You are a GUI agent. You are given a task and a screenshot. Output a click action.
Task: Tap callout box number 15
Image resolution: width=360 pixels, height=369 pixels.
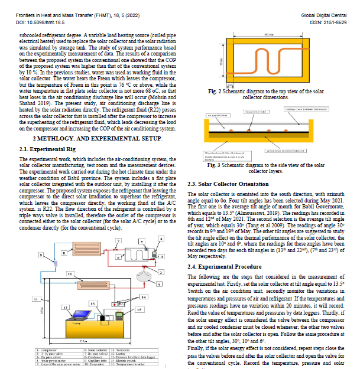(139, 309)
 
